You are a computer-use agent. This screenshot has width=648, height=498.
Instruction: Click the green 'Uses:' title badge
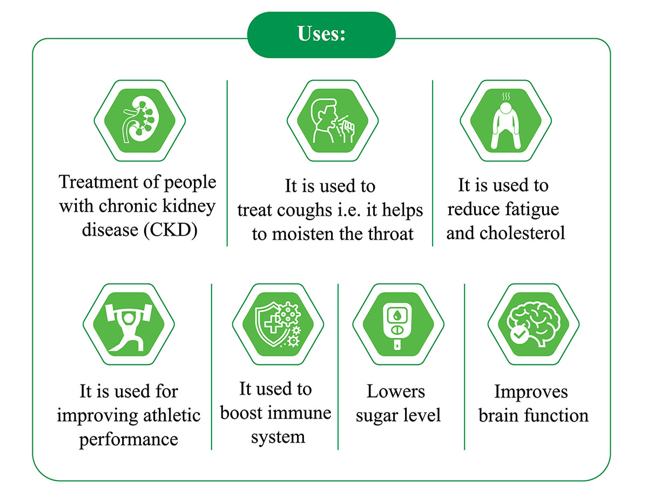tap(321, 35)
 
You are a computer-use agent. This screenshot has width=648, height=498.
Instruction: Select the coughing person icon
tap(333, 120)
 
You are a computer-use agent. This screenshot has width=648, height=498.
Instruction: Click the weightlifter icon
tap(129, 327)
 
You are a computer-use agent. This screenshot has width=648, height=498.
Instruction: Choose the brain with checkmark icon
tap(533, 324)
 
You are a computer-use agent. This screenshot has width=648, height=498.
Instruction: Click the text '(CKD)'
tap(170, 231)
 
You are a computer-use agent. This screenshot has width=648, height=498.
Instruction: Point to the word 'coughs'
tap(304, 211)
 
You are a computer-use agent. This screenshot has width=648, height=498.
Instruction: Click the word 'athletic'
tap(172, 415)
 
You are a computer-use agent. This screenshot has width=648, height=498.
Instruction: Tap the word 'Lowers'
tap(396, 391)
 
